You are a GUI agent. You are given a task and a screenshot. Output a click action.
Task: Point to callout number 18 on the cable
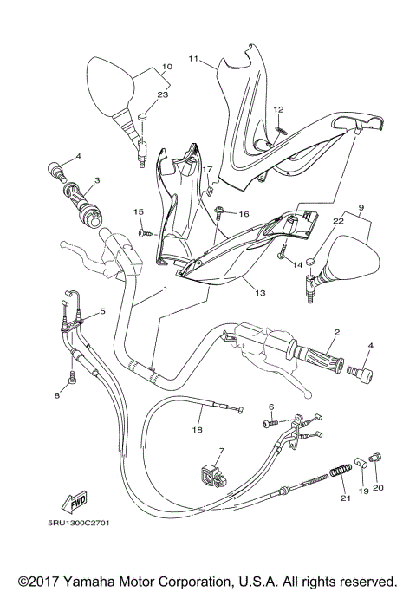pos(198,429)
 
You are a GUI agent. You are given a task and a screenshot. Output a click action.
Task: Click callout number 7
pos(221,452)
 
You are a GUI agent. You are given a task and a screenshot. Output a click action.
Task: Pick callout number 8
pos(57,395)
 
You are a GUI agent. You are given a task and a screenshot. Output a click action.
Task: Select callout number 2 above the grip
pos(336,332)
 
